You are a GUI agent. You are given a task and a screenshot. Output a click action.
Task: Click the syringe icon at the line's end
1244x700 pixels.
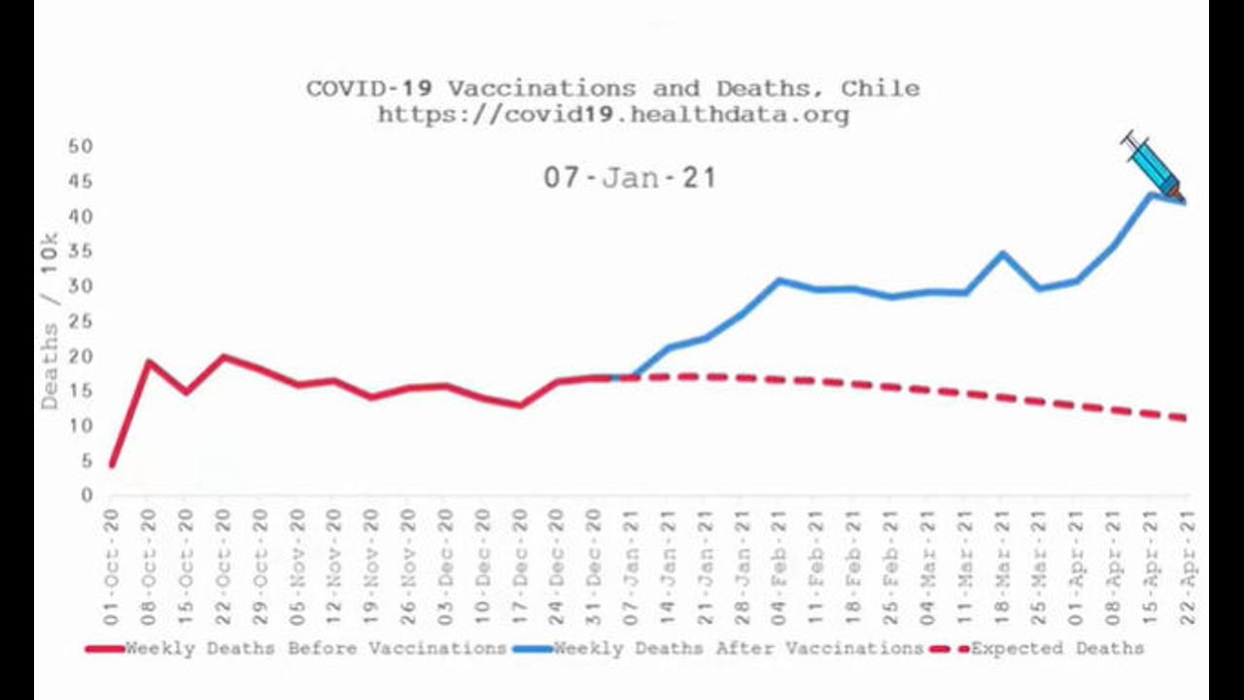point(1151,163)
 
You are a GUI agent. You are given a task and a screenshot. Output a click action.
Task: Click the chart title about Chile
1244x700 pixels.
point(612,88)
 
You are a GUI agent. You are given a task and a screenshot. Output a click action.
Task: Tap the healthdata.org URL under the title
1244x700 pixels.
point(612,114)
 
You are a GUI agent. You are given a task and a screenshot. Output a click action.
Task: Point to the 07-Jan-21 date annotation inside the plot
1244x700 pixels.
point(629,178)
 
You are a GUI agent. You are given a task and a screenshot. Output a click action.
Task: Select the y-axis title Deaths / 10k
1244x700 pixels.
point(50,321)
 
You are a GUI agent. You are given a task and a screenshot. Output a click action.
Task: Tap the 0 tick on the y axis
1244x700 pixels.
point(86,496)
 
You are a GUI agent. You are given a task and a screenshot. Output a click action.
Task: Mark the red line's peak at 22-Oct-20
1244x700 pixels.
point(223,357)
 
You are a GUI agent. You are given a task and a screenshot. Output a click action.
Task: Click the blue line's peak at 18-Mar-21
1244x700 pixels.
point(1001,254)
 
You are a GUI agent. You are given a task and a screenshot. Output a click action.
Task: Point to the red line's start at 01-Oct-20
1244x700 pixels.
point(112,466)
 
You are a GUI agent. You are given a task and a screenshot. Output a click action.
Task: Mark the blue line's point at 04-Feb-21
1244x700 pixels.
point(778,281)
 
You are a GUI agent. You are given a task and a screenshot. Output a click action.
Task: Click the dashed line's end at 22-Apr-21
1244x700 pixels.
point(1186,418)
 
